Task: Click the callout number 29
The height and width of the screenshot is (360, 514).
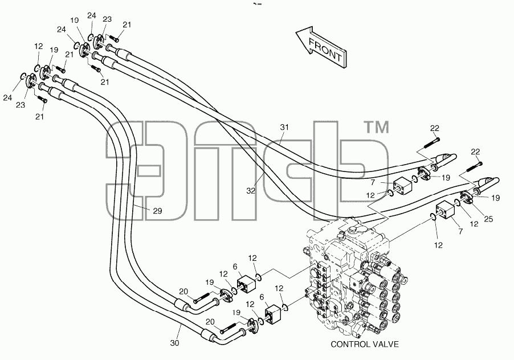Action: click(158, 211)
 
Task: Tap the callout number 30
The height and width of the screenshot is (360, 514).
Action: click(175, 343)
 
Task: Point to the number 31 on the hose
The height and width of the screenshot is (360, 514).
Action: click(284, 127)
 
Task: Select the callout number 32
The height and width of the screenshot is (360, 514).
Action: click(251, 191)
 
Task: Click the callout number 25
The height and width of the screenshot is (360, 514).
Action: click(488, 219)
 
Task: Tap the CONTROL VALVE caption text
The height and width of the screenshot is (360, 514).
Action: click(365, 344)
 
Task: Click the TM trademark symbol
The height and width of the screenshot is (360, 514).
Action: click(377, 128)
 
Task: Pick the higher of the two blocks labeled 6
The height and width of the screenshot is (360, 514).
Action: click(246, 283)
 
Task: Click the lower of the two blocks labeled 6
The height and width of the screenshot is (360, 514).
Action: click(272, 314)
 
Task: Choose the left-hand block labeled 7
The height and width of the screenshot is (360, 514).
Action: click(402, 186)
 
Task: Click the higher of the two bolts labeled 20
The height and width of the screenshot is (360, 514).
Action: click(201, 298)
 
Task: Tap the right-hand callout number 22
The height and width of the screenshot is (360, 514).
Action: click(475, 152)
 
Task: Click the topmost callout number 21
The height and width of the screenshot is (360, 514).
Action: click(127, 24)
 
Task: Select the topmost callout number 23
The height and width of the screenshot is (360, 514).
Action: click(107, 19)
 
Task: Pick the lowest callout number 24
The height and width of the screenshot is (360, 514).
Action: click(8, 97)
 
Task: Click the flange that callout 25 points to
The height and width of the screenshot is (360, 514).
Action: click(466, 197)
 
